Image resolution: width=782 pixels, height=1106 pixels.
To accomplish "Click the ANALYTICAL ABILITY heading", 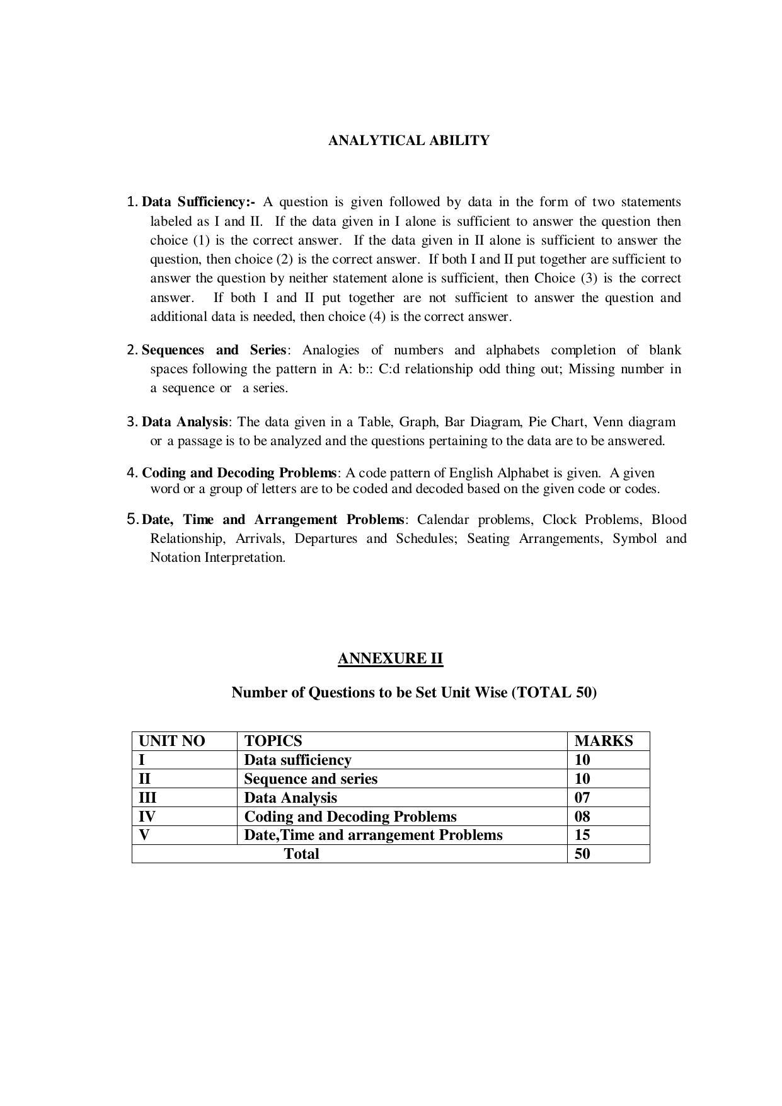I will point(408,141).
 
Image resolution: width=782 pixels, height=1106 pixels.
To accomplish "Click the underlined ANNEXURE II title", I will point(390,658).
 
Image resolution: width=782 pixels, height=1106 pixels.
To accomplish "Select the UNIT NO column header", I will point(171,741).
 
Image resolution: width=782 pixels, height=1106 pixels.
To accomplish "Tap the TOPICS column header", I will point(273,741).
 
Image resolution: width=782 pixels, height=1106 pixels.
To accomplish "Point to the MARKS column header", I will point(603,741).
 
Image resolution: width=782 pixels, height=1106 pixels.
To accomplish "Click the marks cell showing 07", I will point(582,798).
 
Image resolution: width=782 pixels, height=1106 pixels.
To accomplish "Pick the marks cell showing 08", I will point(582,817).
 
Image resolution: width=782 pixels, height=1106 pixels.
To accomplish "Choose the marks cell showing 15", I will point(582,835).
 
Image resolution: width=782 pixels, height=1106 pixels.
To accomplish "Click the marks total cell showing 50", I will point(582,854).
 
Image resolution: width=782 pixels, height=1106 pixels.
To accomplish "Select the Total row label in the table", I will point(301,854).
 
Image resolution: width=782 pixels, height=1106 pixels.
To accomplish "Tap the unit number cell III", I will point(147,798).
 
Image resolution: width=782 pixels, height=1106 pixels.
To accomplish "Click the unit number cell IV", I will point(147,817).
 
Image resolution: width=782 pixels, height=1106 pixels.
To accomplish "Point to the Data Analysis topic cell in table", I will point(290,798).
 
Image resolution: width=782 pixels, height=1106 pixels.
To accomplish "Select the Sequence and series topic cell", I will point(311,779).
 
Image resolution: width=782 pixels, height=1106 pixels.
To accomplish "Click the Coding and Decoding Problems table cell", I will point(350,817).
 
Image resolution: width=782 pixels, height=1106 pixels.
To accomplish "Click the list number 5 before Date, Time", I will point(132,519).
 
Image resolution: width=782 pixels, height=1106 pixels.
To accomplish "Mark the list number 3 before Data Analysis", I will point(132,422).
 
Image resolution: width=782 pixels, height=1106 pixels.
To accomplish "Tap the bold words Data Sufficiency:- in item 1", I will point(198,202).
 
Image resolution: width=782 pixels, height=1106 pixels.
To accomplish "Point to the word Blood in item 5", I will point(669,520).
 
